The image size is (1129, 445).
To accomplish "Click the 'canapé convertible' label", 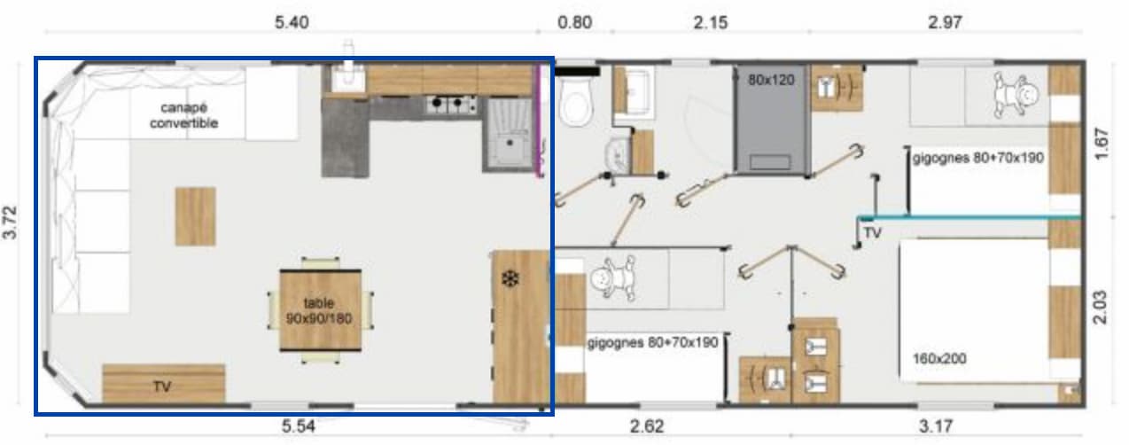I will point(183,115).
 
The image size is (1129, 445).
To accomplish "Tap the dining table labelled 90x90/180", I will point(320,309).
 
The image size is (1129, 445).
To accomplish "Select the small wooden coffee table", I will point(195,215).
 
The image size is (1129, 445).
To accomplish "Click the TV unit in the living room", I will point(163,384).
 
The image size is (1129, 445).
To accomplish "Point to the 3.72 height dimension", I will point(12,234).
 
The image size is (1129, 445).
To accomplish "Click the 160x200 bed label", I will point(939,359).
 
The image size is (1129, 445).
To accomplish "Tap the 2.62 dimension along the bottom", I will point(646,426).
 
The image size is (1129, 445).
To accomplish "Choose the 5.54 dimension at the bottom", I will point(300,426).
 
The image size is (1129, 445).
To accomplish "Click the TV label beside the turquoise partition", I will point(872,234).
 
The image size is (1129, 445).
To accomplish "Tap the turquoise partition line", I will point(970,216).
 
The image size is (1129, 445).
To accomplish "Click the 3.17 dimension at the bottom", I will point(935,426).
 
